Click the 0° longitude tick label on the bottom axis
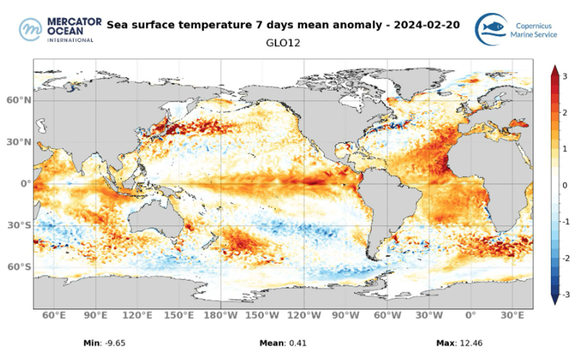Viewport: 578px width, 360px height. point(471,315)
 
